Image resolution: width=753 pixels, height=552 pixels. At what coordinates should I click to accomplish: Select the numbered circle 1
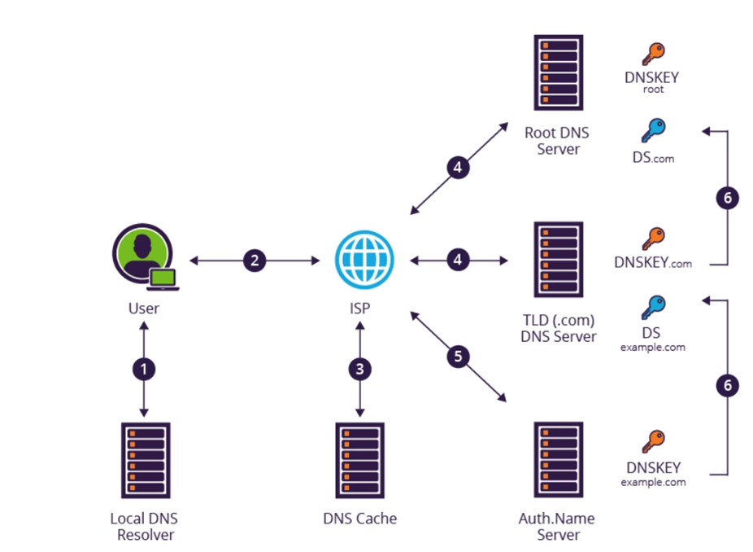point(144,369)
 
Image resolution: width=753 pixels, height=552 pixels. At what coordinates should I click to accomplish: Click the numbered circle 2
point(255,261)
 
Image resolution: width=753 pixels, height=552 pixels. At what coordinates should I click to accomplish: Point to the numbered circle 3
point(360,369)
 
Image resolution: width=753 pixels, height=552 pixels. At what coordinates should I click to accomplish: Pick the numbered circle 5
point(459,356)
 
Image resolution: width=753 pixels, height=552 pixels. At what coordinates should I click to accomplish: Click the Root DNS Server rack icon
point(558,73)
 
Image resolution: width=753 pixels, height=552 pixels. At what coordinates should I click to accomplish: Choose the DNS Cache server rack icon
point(360,460)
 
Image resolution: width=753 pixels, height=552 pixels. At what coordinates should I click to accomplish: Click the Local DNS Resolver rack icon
point(145,460)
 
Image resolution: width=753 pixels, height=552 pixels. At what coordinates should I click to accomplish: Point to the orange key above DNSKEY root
point(653,54)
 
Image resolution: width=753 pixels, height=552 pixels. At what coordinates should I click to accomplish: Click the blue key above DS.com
point(653,130)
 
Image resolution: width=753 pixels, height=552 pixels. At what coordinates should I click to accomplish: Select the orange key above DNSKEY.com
point(653,239)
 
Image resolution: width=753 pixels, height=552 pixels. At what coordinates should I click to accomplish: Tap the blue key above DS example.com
point(653,307)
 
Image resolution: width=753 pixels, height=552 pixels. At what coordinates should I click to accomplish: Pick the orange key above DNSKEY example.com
point(653,441)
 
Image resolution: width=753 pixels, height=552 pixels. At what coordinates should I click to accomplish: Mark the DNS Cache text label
point(360,519)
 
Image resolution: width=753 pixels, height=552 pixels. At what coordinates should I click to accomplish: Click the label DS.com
point(653,158)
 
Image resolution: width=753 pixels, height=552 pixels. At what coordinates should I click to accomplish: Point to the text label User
point(144,309)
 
